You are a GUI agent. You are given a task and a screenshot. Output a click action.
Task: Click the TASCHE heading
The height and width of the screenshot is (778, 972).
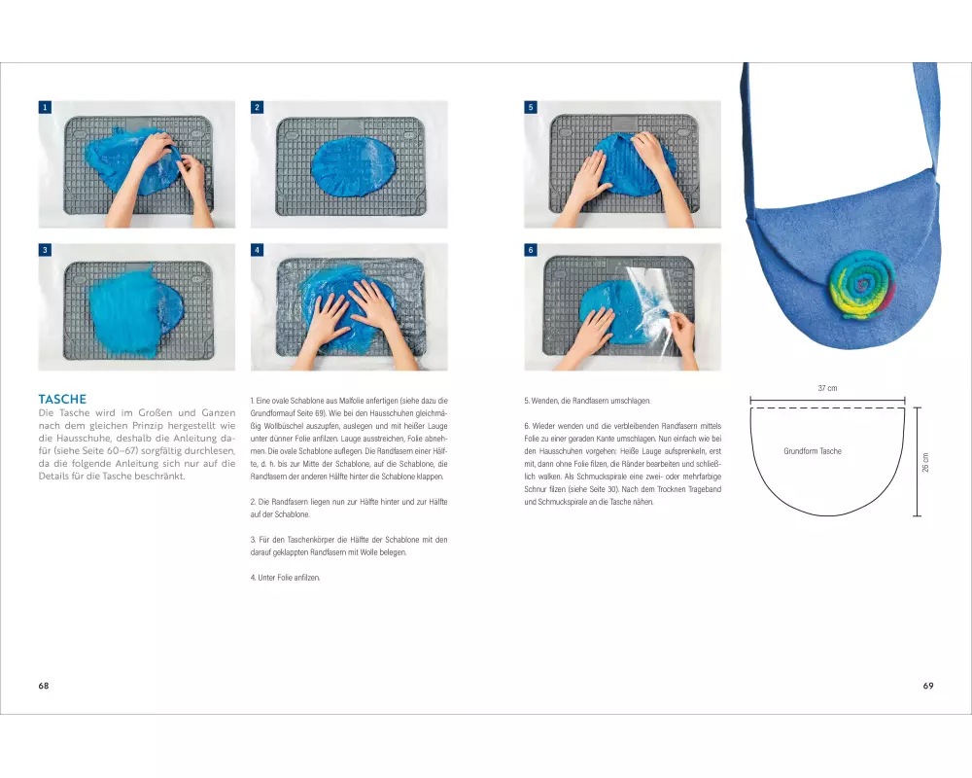point(62,399)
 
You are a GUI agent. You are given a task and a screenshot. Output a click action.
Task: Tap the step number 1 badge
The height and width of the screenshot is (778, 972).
point(45,107)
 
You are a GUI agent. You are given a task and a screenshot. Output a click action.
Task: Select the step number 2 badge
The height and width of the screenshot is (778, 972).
point(257,107)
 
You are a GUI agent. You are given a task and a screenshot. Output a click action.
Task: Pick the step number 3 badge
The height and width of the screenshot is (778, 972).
point(45,250)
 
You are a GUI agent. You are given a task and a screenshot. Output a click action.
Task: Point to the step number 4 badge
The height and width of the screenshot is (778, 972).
point(257,250)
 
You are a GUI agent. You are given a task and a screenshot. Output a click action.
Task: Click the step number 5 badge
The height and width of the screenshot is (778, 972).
point(531,107)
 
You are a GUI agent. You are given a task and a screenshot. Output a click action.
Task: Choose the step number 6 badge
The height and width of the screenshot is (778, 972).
point(531,250)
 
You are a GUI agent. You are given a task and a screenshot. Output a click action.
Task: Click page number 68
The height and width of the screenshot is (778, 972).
point(44,686)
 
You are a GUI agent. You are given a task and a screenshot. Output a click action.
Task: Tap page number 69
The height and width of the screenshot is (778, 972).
point(928,686)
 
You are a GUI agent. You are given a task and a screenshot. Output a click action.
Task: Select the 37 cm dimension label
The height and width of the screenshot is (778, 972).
point(827,388)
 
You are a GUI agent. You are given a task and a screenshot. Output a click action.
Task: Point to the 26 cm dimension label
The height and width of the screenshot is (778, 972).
point(925,462)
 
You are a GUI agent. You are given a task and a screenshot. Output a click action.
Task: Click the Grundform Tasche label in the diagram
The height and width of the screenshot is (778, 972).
point(813,451)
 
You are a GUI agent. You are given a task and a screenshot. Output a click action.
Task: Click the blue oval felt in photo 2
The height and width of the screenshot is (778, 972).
point(354,167)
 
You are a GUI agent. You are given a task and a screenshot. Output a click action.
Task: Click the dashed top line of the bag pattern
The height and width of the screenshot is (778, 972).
point(827,408)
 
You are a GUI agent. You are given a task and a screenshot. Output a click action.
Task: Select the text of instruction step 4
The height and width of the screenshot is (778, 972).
point(285,578)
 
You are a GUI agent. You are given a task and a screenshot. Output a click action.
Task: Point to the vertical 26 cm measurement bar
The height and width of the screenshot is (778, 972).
point(918,462)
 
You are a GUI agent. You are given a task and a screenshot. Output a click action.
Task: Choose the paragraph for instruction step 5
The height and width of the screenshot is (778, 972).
point(588,401)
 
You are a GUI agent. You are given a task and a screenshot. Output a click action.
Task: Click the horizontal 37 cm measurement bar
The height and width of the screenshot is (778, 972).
point(827,400)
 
